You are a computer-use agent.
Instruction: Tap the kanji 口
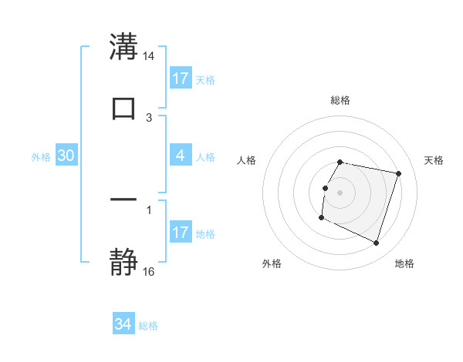click(123, 108)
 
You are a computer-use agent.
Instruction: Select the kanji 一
click(123, 199)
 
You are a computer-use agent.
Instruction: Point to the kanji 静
click(123, 262)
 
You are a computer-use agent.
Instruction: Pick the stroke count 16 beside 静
click(149, 271)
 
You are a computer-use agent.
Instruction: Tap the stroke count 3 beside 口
click(149, 117)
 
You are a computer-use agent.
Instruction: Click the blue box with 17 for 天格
click(181, 79)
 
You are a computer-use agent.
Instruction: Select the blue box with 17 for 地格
click(181, 233)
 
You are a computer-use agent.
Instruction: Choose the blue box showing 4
click(181, 156)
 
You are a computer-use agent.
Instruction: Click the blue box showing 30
click(66, 156)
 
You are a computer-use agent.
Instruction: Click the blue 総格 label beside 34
click(148, 326)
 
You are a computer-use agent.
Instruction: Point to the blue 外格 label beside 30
click(41, 156)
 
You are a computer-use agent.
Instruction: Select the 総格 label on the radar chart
click(340, 100)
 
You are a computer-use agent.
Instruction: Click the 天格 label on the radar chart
click(434, 160)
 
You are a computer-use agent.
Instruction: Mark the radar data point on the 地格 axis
click(377, 243)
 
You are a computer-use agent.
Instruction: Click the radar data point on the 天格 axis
click(399, 173)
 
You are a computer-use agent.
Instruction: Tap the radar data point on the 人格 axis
click(325, 188)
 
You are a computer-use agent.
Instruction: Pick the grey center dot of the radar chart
click(340, 192)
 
